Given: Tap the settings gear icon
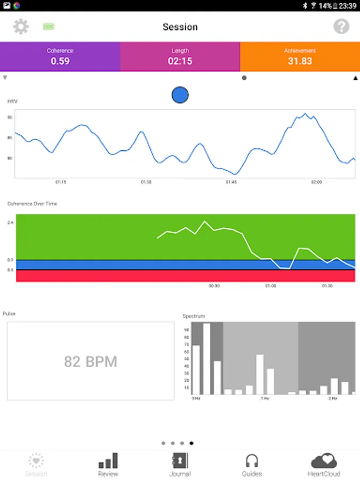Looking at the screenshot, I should pos(21,27).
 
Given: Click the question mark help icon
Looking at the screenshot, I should pos(341,27).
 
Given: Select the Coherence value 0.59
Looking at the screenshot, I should pos(60,61).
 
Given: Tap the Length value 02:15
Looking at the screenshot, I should pos(180,61).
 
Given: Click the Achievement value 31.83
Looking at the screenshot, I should pos(300,61).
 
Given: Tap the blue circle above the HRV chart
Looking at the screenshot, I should pos(180,95).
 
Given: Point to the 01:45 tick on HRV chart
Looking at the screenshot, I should pos(231,182).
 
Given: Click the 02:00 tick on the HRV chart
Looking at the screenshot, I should pos(316,182).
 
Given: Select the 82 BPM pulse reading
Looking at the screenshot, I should pos(91,362).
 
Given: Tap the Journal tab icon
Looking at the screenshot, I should pos(180,461).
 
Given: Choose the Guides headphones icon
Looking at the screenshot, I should pos(252,461).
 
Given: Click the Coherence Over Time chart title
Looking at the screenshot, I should pos(32,204).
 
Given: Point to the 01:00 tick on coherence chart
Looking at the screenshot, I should pos(271,286).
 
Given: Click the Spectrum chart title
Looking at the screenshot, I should pos(194,316).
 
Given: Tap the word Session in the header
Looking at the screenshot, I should pos(180,27).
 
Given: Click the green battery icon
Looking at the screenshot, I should pos(49,27).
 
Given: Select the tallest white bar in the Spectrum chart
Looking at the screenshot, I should pos(206,358).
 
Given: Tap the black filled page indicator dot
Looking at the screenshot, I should pos(191,443).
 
